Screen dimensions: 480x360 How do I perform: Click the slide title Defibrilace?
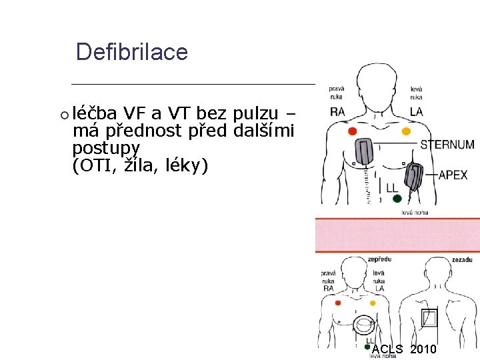coord(131,52)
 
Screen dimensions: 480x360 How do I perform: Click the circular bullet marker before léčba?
coord(64,115)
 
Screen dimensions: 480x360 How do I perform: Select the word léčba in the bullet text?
coord(95,114)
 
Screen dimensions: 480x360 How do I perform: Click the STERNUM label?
coord(447,145)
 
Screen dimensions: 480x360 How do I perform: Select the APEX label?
coord(453,175)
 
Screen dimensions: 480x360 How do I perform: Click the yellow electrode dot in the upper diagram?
coord(405,132)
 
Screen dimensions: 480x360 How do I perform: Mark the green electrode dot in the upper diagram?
coord(397,199)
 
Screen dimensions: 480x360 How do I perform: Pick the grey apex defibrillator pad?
coord(414,177)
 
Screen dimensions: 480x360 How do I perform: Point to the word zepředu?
coord(379,259)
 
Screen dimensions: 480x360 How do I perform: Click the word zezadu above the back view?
coord(463,259)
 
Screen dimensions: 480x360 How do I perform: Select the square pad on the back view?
coord(429,318)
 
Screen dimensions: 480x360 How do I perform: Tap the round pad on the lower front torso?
coord(364,326)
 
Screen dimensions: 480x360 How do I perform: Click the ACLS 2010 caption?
coord(405,349)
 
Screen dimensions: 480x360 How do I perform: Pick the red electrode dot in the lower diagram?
coord(337,303)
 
